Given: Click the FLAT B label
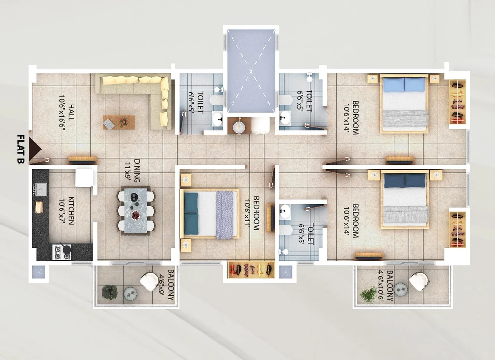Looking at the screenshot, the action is click(x=21, y=149).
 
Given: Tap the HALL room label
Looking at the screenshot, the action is click(x=72, y=112).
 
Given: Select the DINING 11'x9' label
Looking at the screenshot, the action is click(x=132, y=171).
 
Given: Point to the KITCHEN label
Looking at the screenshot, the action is click(x=72, y=211).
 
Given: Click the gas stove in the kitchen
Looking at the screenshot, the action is click(x=61, y=252).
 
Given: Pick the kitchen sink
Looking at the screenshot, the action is click(x=41, y=189).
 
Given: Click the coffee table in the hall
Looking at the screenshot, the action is click(x=119, y=122).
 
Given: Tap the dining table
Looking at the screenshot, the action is click(x=136, y=210).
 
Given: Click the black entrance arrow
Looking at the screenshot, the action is click(x=34, y=149).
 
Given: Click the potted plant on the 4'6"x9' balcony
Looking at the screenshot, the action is click(x=110, y=292).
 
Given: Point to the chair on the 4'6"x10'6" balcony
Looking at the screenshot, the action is click(x=419, y=281).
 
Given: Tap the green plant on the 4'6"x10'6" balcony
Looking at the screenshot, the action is click(x=368, y=295).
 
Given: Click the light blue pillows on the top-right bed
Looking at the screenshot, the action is click(x=404, y=85).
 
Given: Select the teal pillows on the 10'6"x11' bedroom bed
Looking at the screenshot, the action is click(x=191, y=214).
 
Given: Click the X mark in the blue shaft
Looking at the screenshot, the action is click(x=251, y=71).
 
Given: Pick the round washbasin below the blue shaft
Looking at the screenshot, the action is click(x=239, y=126).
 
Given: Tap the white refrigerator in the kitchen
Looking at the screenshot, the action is click(x=84, y=178).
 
